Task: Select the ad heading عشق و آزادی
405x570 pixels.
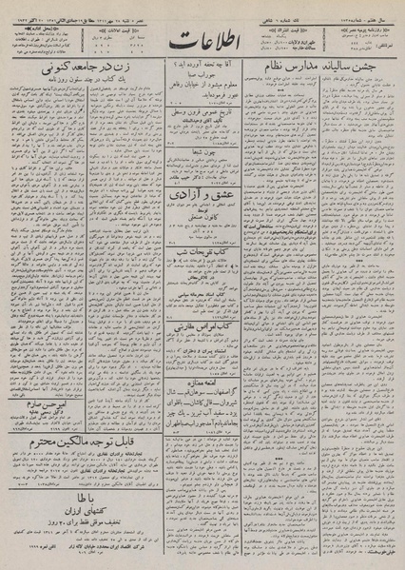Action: [x=202, y=220]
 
